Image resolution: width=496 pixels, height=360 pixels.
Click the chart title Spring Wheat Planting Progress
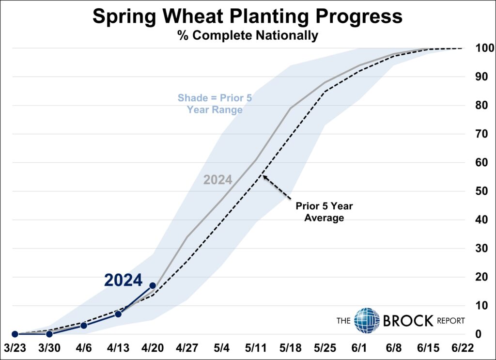click(248, 16)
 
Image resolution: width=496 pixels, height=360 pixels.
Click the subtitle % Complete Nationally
click(248, 35)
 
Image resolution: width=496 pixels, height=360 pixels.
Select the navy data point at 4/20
click(153, 286)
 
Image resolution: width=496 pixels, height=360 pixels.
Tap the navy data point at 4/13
click(118, 314)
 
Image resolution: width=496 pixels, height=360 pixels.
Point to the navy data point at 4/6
click(84, 325)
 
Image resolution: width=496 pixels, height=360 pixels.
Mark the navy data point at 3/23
click(15, 334)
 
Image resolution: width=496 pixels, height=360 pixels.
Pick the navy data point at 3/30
click(49, 334)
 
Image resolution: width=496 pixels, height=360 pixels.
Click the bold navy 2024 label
click(124, 280)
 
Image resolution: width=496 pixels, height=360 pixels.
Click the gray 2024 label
click(217, 180)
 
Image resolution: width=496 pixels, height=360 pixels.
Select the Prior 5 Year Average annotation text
click(324, 212)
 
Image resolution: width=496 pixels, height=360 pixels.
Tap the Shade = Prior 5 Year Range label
click(215, 104)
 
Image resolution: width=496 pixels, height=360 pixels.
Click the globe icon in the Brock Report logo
click(367, 320)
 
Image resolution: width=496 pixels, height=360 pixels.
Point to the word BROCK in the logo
click(408, 321)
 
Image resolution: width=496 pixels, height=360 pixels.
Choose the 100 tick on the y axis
click(484, 48)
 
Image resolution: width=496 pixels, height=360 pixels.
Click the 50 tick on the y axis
click(481, 191)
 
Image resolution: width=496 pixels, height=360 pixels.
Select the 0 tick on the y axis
click(478, 334)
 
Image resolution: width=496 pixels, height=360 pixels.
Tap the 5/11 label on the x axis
click(256, 348)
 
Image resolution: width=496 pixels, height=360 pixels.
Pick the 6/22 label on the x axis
click(463, 348)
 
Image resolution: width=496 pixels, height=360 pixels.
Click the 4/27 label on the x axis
click(187, 348)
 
